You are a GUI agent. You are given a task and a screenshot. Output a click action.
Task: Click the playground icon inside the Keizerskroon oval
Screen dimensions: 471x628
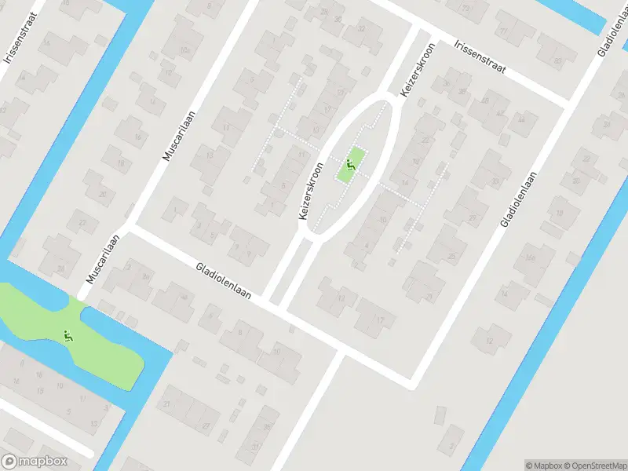350,165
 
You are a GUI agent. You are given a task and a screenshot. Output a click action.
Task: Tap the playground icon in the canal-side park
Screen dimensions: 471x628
68,337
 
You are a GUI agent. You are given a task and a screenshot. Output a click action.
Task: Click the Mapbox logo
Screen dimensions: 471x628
35,461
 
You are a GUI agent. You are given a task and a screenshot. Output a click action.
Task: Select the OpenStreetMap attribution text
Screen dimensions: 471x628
595,465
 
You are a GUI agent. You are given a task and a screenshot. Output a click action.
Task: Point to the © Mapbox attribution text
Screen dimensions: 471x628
542,465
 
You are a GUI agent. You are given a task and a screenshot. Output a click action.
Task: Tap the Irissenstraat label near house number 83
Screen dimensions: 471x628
480,57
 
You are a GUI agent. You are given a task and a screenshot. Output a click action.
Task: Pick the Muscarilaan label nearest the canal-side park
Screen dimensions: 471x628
103,259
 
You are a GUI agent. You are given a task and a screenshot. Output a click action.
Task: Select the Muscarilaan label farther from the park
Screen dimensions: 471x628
178,136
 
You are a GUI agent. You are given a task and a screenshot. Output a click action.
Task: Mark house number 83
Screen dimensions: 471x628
558,60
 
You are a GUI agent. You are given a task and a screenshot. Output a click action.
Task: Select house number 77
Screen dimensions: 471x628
503,31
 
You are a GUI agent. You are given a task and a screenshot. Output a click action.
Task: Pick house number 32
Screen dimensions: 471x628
361,28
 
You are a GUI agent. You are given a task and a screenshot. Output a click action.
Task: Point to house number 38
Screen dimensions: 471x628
462,92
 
